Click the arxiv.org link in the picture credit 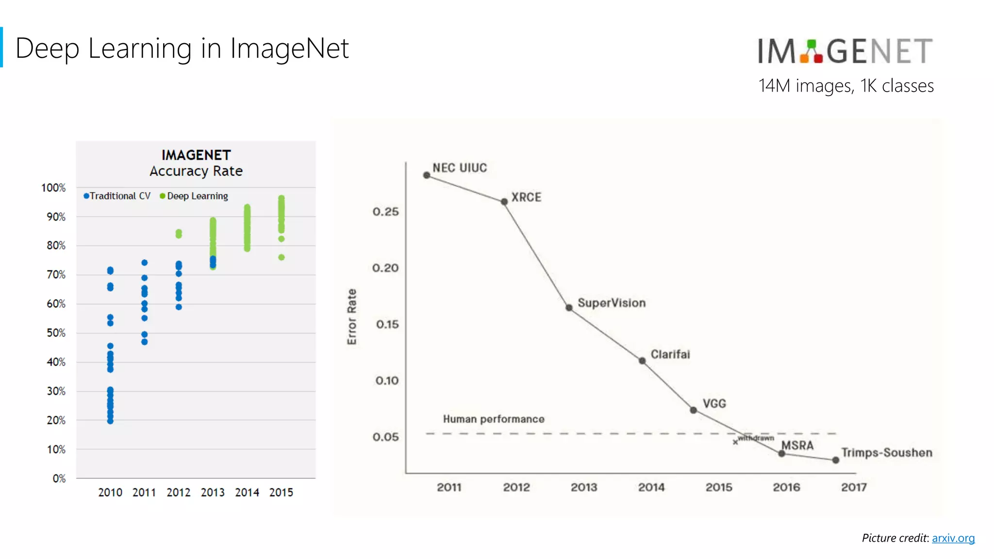(x=953, y=538)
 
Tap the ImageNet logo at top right (x=845, y=51)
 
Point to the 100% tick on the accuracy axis (x=53, y=188)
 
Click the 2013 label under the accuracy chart (x=213, y=493)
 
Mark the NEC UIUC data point (x=427, y=175)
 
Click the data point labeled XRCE (x=504, y=202)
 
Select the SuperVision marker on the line (x=569, y=308)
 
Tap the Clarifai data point (x=642, y=361)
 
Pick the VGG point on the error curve (x=694, y=411)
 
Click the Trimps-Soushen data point (x=835, y=460)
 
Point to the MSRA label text (x=797, y=445)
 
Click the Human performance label (x=494, y=419)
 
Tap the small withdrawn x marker (x=735, y=442)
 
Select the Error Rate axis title (x=352, y=317)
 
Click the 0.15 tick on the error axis (x=387, y=324)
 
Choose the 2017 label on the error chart (x=854, y=487)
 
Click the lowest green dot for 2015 (x=282, y=258)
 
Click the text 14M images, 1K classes (x=846, y=86)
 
